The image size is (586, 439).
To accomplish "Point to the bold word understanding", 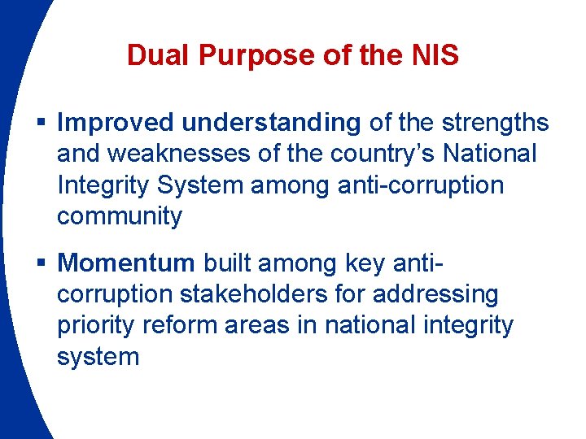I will tap(271, 123).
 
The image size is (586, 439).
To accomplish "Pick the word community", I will tap(120, 216).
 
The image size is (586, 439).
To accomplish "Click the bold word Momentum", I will tap(126, 263).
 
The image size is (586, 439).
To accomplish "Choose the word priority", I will tap(96, 325).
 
